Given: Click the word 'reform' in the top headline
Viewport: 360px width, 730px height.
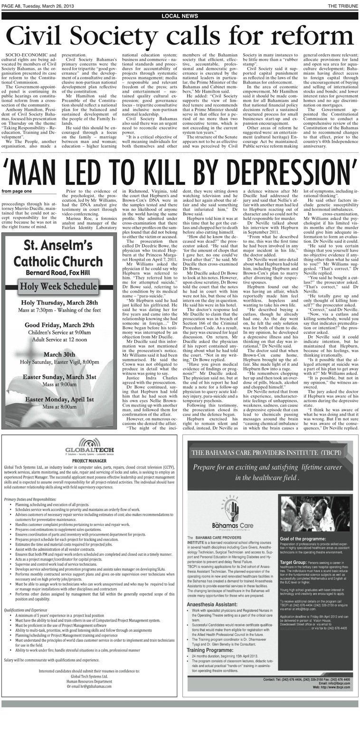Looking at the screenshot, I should (307, 37).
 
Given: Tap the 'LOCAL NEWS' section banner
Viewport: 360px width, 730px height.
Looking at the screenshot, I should (180, 16).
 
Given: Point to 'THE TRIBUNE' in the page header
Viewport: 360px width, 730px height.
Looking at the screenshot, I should (342, 5).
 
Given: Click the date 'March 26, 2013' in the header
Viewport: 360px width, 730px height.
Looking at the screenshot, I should (48, 5).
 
